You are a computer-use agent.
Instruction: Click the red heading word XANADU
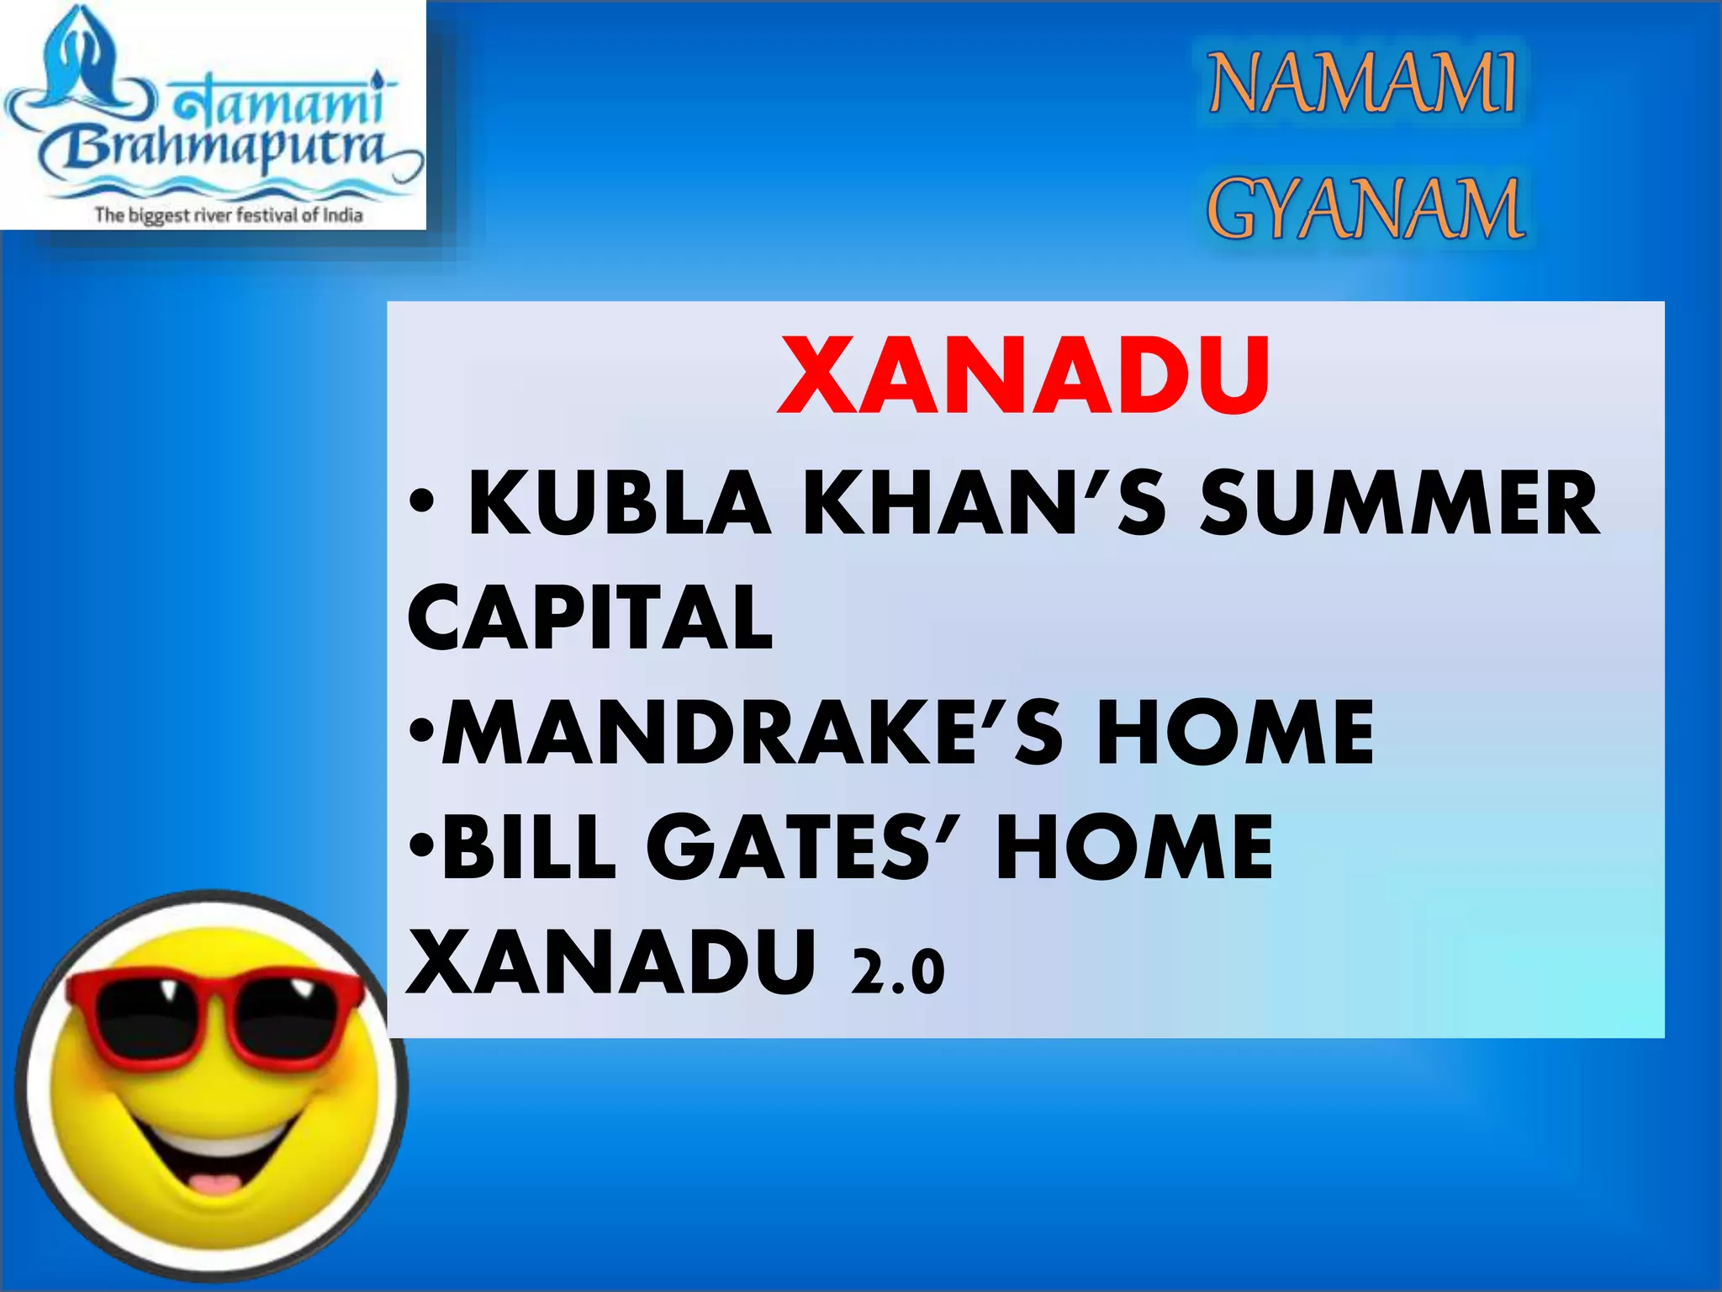[1024, 375]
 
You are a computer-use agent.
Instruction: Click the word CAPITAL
[589, 618]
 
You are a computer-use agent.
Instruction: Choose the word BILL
[530, 847]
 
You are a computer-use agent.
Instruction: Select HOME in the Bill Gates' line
[1134, 847]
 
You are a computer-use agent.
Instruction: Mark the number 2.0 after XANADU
[898, 972]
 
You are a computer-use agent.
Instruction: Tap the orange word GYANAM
[1364, 209]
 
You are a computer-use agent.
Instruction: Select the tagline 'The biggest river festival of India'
[228, 214]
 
